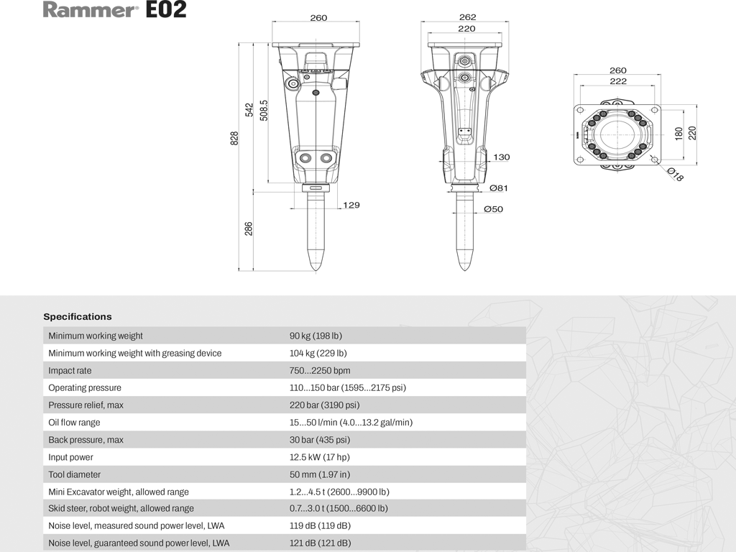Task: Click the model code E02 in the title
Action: click(x=166, y=10)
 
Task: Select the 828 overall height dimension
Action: click(x=234, y=139)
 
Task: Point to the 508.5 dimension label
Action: click(x=264, y=110)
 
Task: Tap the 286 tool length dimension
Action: click(x=249, y=229)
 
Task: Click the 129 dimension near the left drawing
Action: click(x=351, y=206)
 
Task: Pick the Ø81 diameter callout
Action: click(x=498, y=188)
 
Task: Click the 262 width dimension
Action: click(x=467, y=18)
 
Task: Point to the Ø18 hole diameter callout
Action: click(x=675, y=174)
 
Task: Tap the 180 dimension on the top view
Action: click(x=678, y=134)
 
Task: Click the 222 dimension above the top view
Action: click(x=617, y=81)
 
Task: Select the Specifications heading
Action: click(x=78, y=316)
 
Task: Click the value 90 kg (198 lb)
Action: click(x=316, y=336)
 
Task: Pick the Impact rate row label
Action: click(x=70, y=370)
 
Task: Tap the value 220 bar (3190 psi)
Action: click(x=324, y=405)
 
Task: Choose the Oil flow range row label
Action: click(x=74, y=423)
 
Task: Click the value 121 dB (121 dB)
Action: click(x=320, y=543)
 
